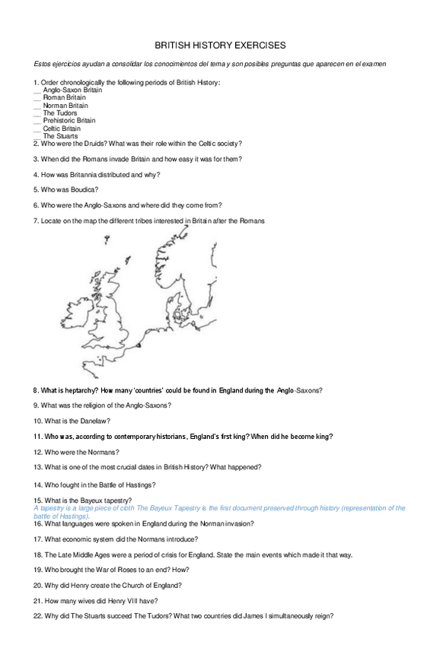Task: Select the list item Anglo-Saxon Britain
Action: click(72, 90)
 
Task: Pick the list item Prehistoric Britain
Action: click(69, 121)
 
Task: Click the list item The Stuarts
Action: click(60, 136)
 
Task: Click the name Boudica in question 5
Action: click(83, 189)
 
